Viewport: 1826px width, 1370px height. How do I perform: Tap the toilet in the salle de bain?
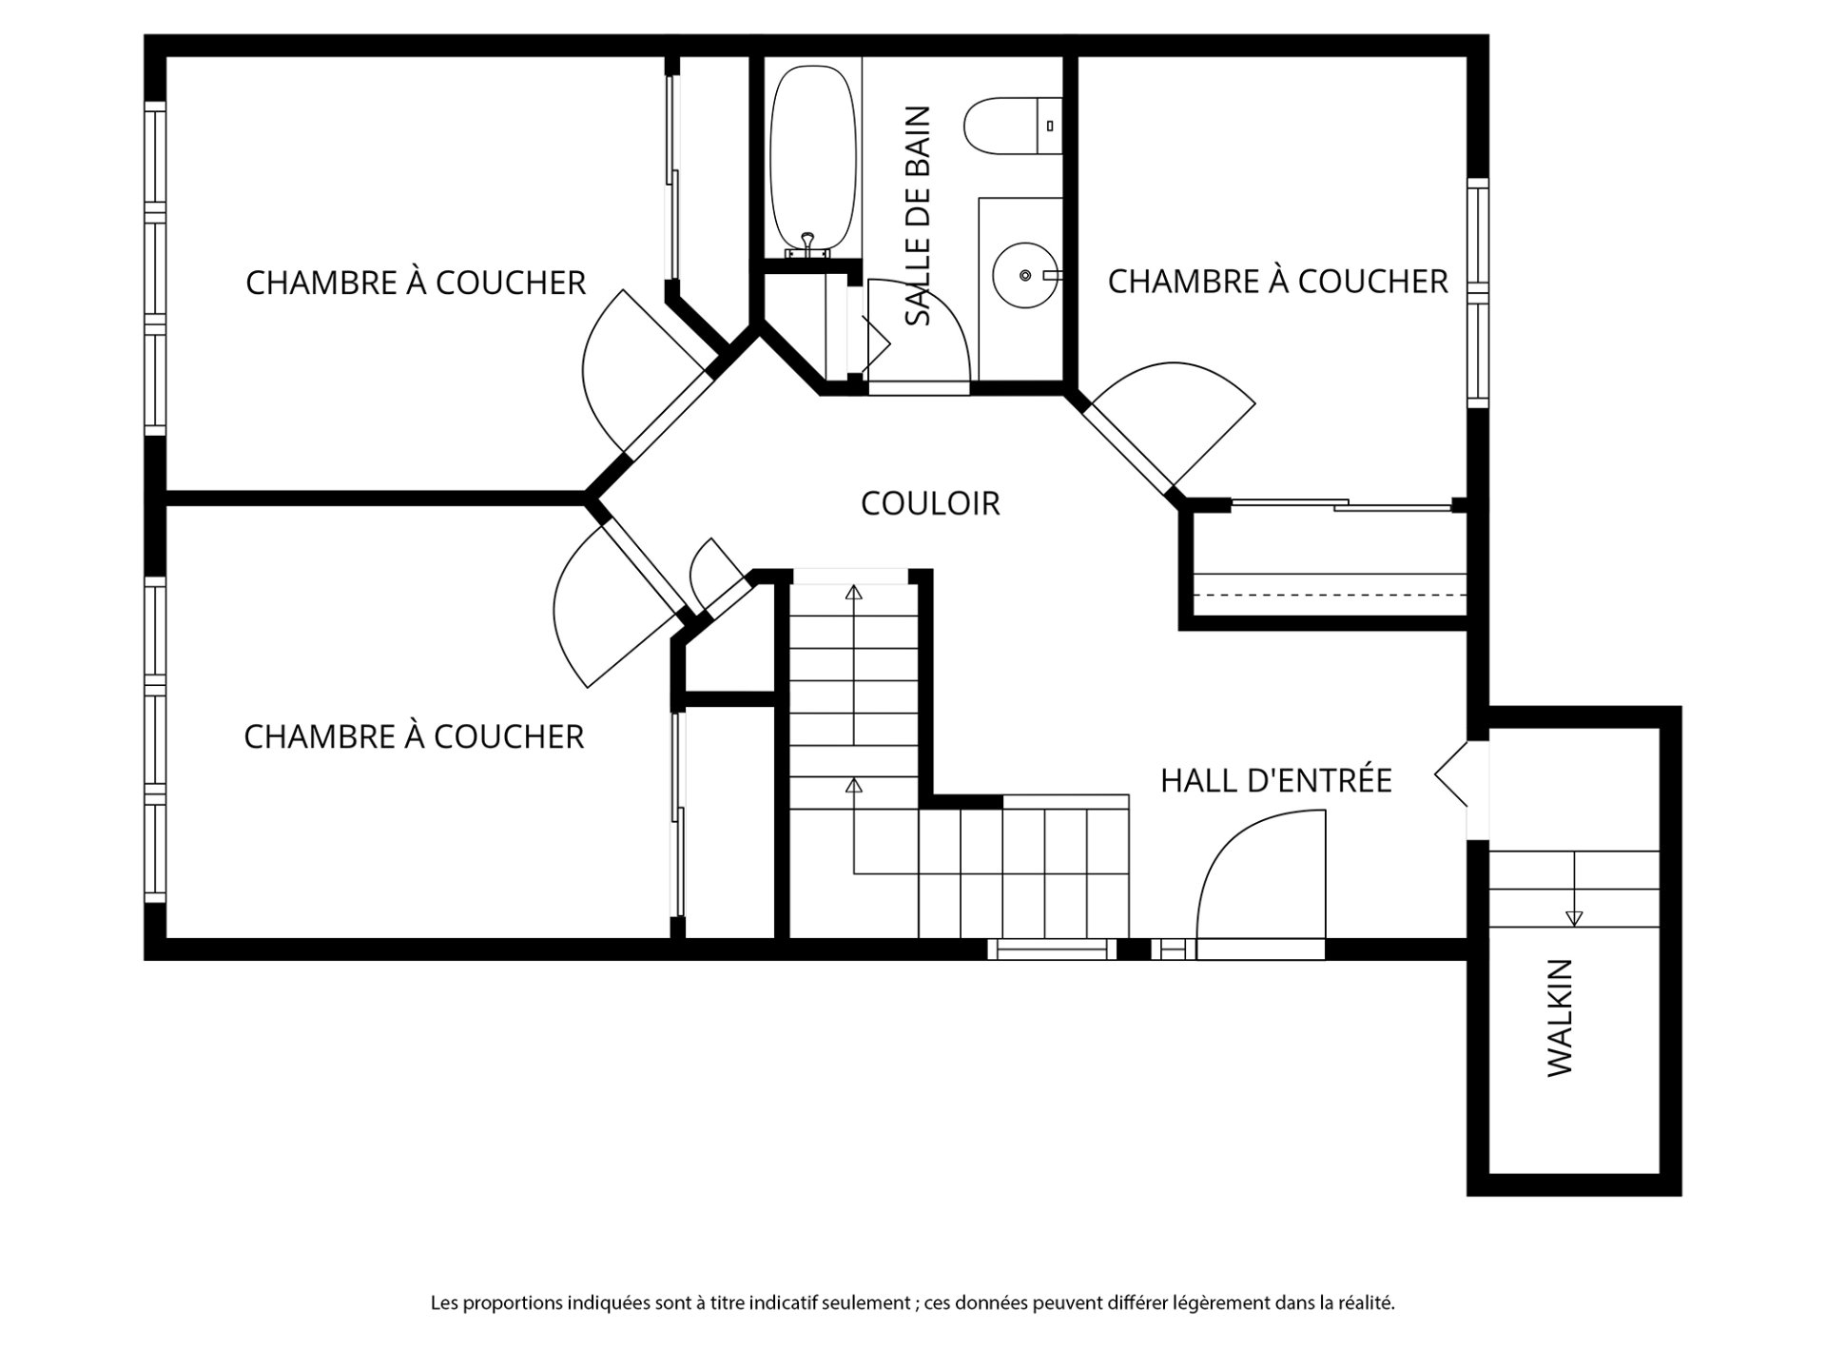coord(1013,126)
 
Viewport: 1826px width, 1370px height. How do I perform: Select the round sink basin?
coord(1024,275)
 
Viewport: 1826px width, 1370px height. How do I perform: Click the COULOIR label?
coord(930,503)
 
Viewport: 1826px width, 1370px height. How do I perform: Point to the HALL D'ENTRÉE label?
coord(1275,780)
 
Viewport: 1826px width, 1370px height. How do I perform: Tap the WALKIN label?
coord(1560,1018)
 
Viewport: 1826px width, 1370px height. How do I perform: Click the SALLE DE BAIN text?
coord(918,216)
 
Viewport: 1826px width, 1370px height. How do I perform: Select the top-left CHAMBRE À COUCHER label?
coord(416,283)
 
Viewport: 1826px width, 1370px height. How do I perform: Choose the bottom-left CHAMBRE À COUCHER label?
coord(414,736)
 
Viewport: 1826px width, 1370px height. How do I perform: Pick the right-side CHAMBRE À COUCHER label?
coord(1277,282)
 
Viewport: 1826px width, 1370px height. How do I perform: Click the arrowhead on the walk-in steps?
coord(1574,918)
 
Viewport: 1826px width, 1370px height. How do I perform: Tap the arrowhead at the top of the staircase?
coord(853,593)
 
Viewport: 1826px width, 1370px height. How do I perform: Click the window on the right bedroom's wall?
coord(1477,292)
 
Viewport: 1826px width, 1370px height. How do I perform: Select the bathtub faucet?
coord(807,245)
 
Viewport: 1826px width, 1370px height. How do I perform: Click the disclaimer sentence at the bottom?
coord(913,1303)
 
